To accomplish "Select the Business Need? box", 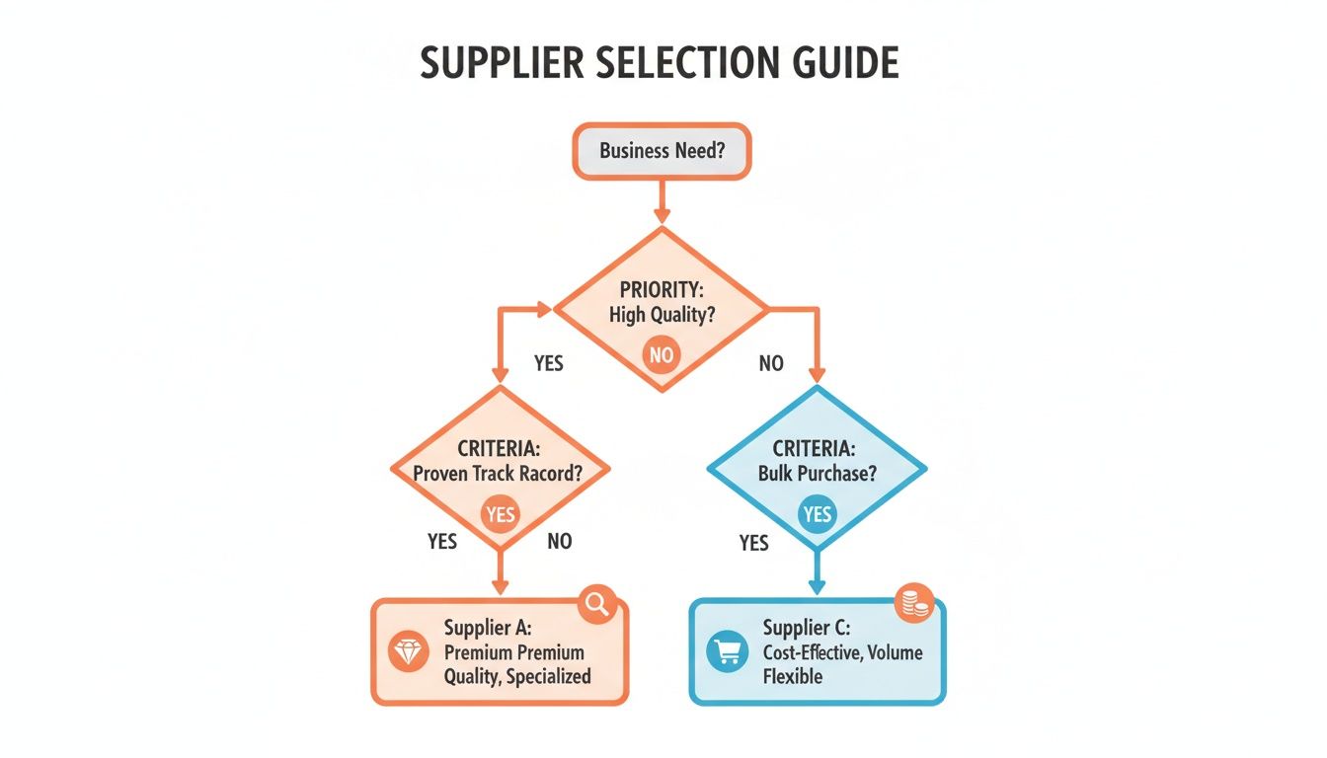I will (663, 153).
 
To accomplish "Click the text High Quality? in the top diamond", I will (662, 316).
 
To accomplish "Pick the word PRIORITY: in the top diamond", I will (662, 291).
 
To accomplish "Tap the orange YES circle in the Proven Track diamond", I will (501, 514).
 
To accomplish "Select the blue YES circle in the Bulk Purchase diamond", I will (818, 514).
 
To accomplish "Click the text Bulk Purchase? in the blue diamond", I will (818, 473).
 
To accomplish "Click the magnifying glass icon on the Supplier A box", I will (597, 603).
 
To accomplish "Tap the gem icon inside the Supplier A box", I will (408, 651).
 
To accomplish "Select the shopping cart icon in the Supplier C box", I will (727, 651).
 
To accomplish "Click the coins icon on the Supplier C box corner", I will (914, 603).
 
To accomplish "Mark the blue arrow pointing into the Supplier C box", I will (818, 572).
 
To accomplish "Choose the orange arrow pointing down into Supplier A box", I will (501, 572).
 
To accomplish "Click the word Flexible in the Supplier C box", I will (793, 677).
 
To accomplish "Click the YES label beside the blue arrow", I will (753, 543).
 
